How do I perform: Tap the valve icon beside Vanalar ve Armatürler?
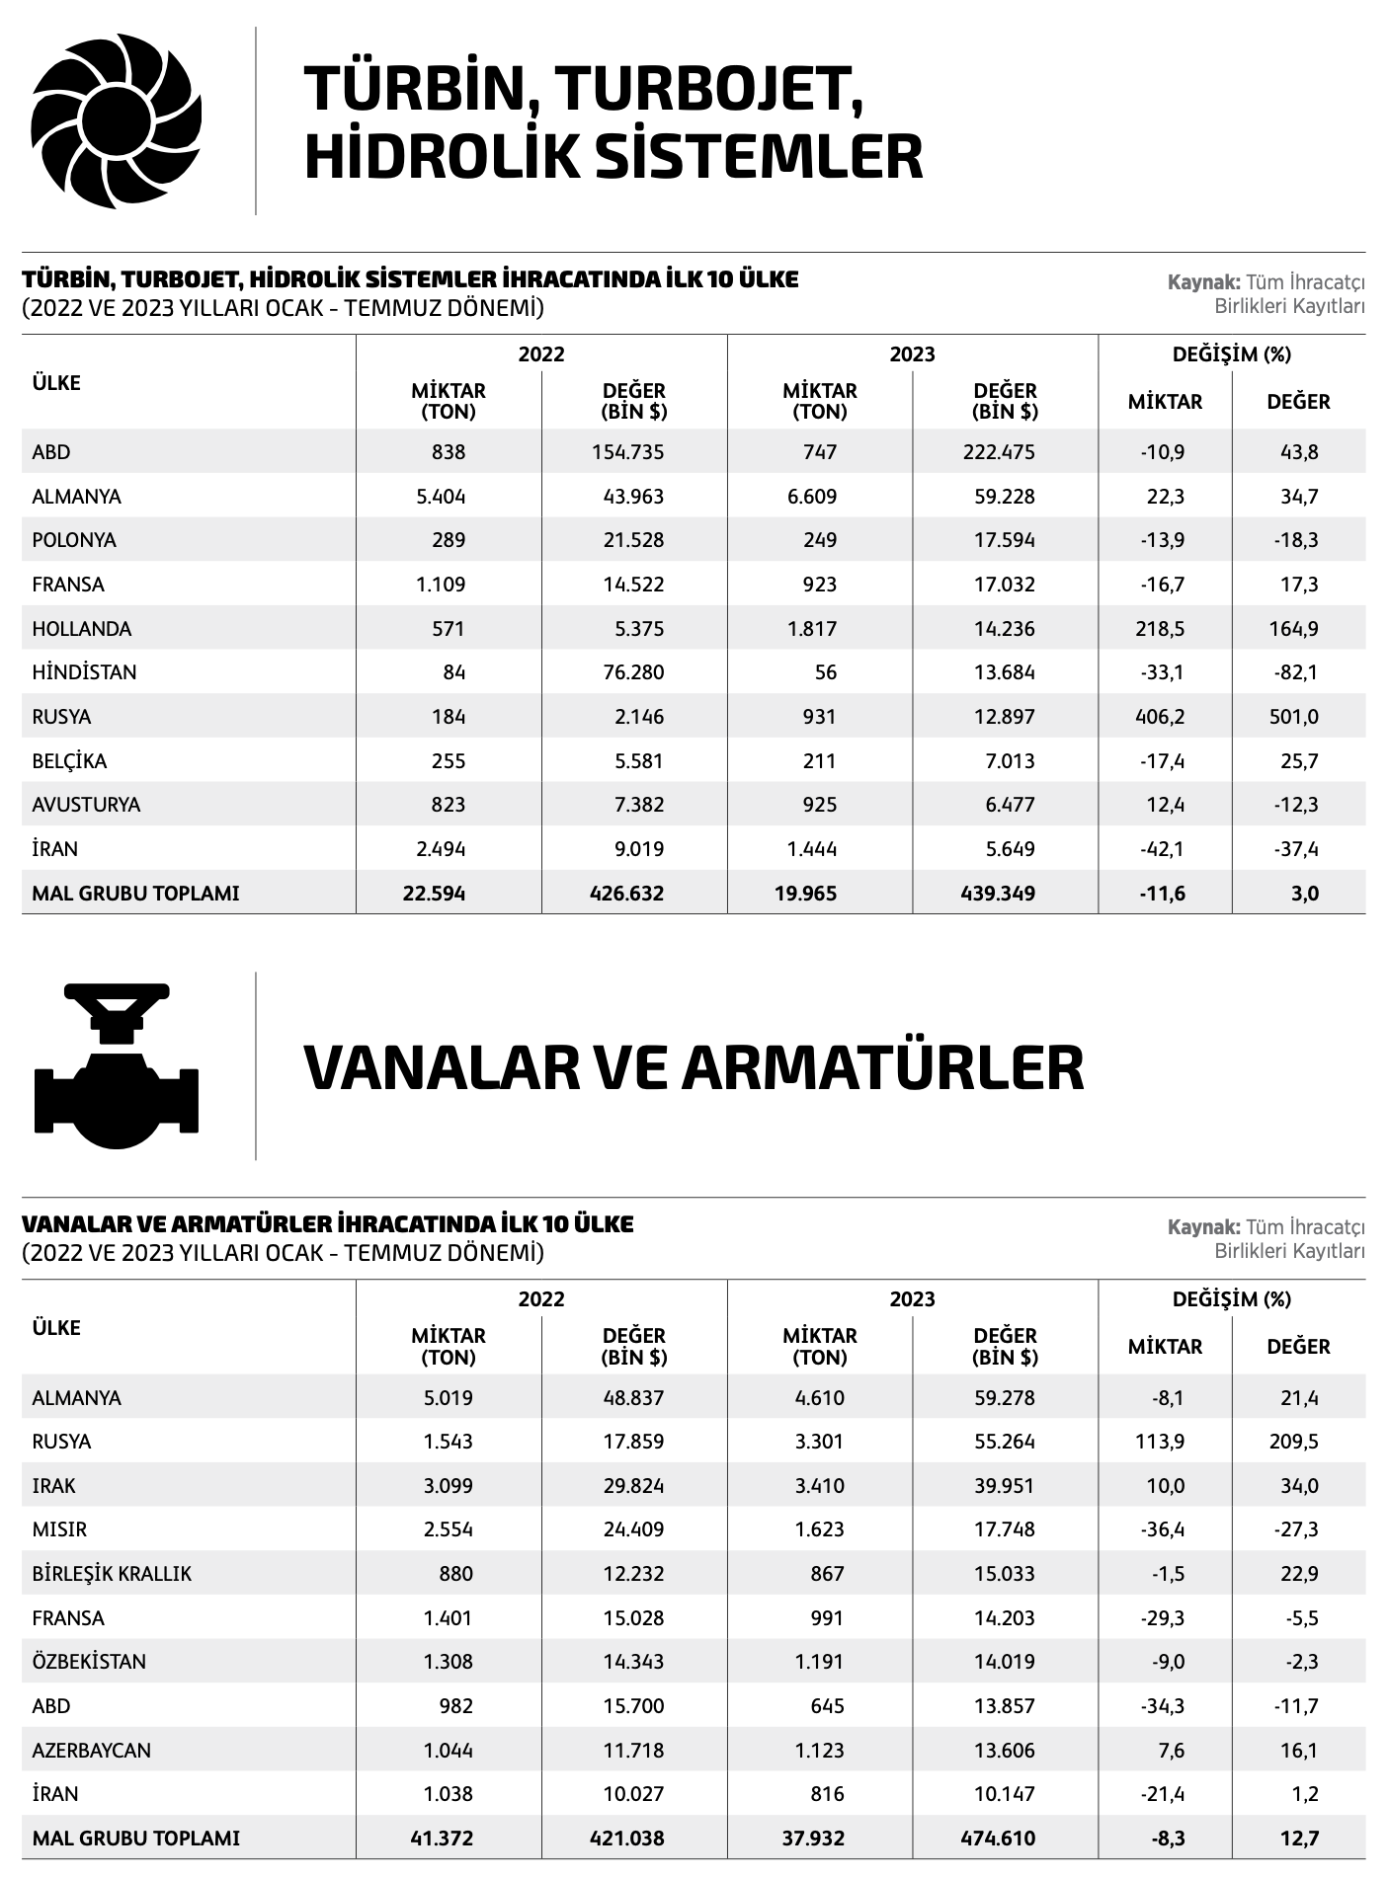pyautogui.click(x=117, y=1066)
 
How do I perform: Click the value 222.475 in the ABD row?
pyautogui.click(x=999, y=452)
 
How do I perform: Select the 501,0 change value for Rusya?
pyautogui.click(x=1293, y=717)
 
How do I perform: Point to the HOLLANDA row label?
pyautogui.click(x=82, y=629)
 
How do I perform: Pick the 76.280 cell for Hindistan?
pyautogui.click(x=633, y=672)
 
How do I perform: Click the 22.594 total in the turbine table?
pyautogui.click(x=434, y=894)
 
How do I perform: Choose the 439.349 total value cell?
pyautogui.click(x=998, y=894)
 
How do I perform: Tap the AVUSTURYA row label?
pyautogui.click(x=86, y=805)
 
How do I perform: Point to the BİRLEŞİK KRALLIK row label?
pyautogui.click(x=112, y=1574)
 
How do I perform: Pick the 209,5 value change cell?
pyautogui.click(x=1293, y=1442)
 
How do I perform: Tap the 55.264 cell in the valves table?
pyautogui.click(x=1004, y=1442)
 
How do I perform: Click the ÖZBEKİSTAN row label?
pyautogui.click(x=89, y=1662)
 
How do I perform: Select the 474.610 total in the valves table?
pyautogui.click(x=998, y=1839)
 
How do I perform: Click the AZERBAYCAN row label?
pyautogui.click(x=92, y=1751)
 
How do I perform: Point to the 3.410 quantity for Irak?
pyautogui.click(x=819, y=1486)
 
